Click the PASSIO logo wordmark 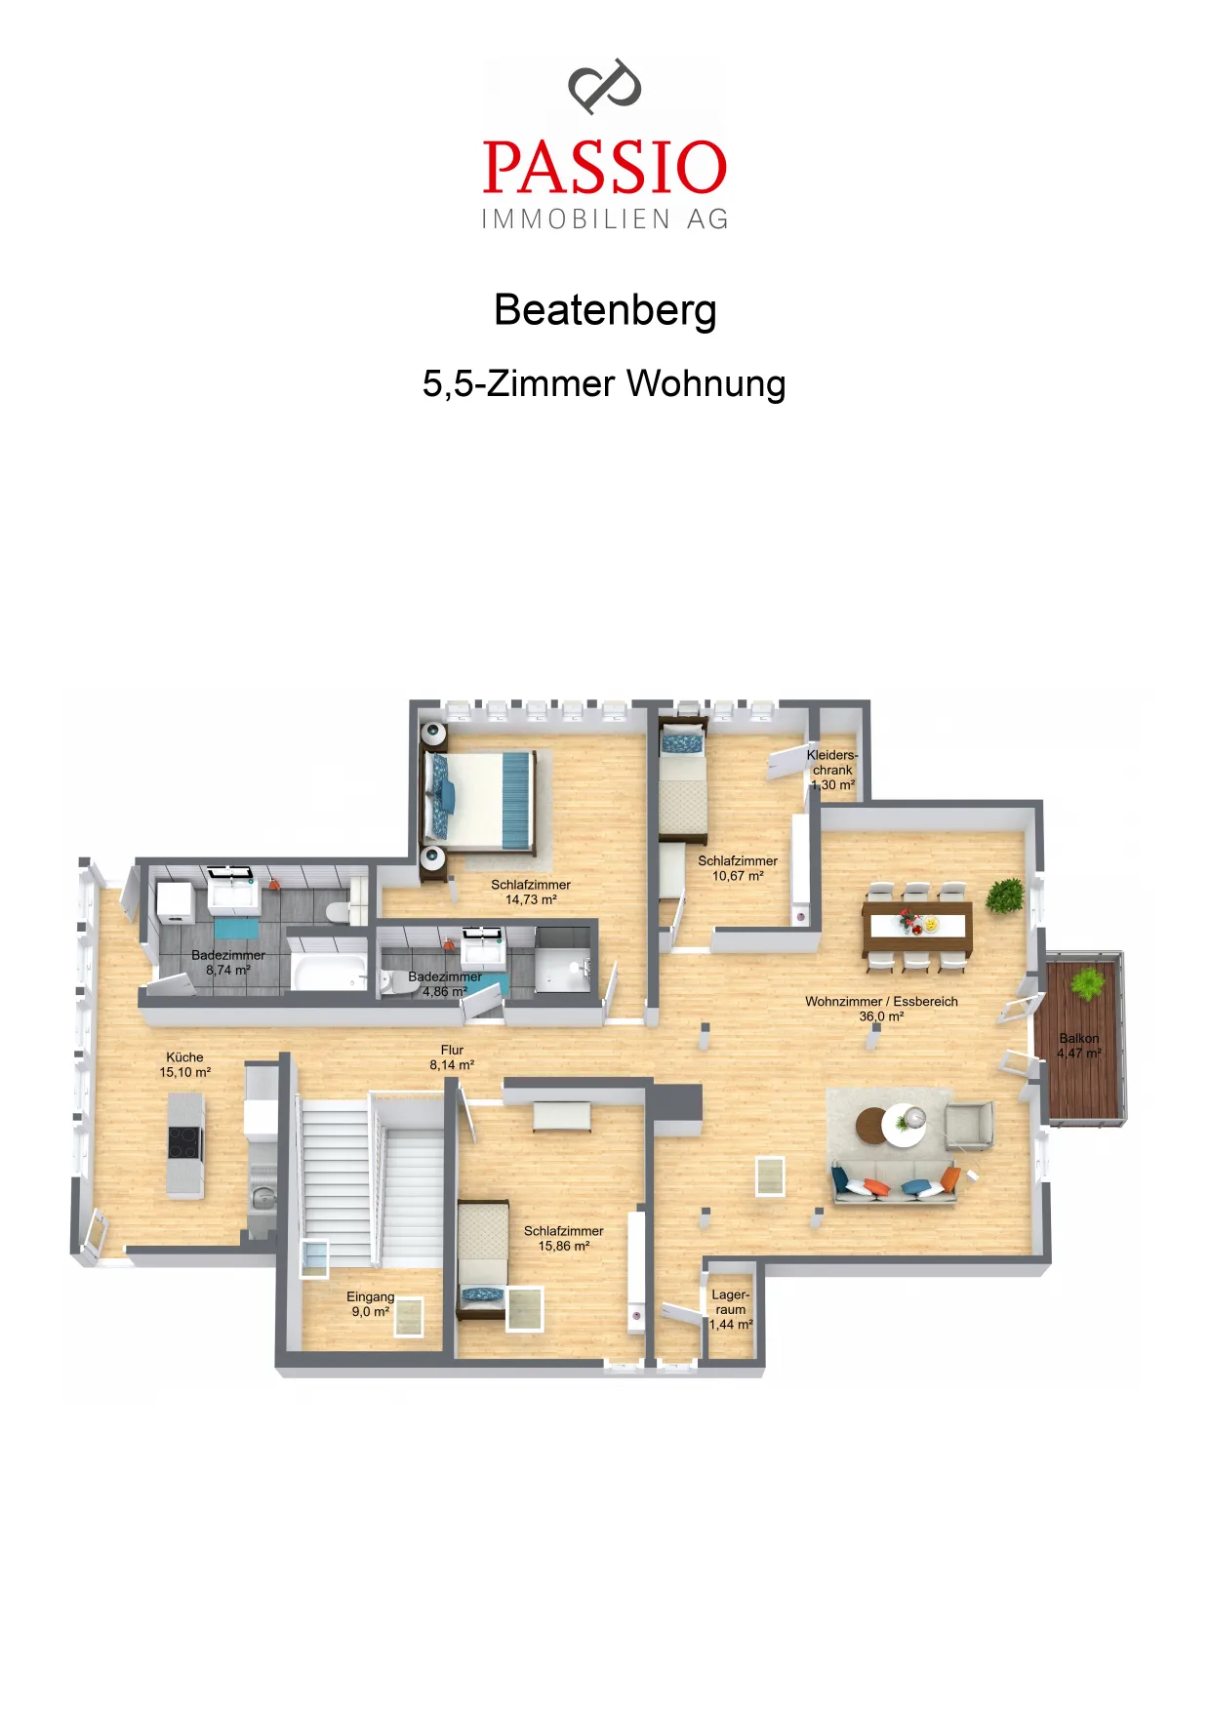(x=605, y=167)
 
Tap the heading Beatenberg (x=605, y=310)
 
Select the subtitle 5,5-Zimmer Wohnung (x=604, y=383)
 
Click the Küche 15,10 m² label (x=185, y=1064)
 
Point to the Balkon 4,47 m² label (x=1078, y=1046)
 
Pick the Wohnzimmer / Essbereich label (x=881, y=1009)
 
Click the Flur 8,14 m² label (x=452, y=1057)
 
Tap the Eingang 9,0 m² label (x=371, y=1304)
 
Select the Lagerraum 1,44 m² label (x=731, y=1309)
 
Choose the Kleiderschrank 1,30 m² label (x=832, y=770)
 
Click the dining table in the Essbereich (x=917, y=929)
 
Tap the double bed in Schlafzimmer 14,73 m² (x=479, y=799)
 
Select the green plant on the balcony (x=1086, y=982)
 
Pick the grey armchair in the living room (x=968, y=1125)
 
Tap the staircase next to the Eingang (x=371, y=1180)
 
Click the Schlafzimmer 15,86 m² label (x=564, y=1238)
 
